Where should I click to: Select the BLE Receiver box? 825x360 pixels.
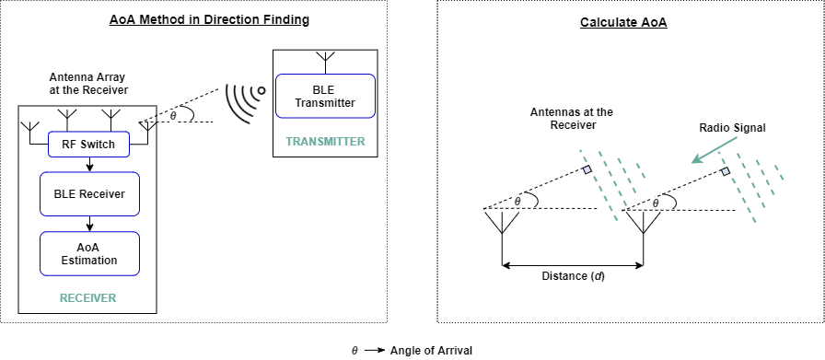[x=89, y=193]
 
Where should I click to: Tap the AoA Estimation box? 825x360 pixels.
[x=89, y=253]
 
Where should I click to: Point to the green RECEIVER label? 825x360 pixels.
[x=87, y=298]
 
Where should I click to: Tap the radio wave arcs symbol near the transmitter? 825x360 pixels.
[x=244, y=101]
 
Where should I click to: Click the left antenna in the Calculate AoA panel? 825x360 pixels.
[x=502, y=224]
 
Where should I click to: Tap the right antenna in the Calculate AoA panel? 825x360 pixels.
[x=641, y=224]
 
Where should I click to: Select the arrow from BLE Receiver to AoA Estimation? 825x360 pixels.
[x=89, y=223]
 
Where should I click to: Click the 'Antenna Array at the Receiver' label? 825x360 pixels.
[x=87, y=83]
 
